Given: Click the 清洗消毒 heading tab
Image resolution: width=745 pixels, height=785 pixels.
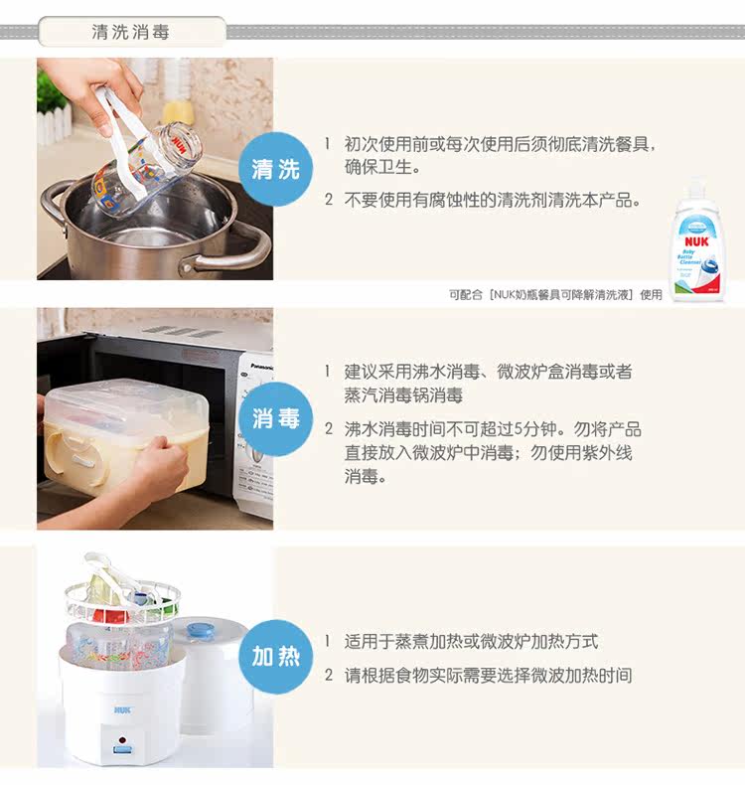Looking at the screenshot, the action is click(x=131, y=32).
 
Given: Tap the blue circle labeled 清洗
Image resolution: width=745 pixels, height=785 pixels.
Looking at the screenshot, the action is click(x=276, y=169).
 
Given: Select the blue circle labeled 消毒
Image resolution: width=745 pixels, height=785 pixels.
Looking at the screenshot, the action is click(x=276, y=418).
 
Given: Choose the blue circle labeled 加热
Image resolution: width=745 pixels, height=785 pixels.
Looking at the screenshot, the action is click(x=276, y=657).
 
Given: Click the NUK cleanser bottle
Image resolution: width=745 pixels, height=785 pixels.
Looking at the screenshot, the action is click(x=698, y=241).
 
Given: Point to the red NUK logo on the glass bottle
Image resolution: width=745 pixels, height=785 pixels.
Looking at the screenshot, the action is click(x=179, y=143).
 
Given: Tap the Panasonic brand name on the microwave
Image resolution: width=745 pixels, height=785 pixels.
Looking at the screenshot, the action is click(x=262, y=367).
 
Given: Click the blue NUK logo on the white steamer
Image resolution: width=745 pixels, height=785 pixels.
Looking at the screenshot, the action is click(x=122, y=709).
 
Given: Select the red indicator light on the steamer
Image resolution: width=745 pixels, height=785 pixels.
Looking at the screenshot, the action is click(x=122, y=740).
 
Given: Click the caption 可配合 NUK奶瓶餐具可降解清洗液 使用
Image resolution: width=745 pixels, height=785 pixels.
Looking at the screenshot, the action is click(x=555, y=295).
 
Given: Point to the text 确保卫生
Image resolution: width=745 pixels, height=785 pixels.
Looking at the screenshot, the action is click(x=382, y=167).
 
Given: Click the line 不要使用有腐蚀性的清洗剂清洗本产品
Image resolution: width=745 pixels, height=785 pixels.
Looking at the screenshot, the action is click(x=493, y=201).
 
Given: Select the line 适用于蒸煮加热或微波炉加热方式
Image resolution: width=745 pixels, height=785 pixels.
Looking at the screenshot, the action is click(x=471, y=641).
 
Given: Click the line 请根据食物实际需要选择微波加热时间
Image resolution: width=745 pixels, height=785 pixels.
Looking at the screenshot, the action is click(x=488, y=676).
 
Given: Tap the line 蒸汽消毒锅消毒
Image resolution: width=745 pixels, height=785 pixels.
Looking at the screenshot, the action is click(x=402, y=395).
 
